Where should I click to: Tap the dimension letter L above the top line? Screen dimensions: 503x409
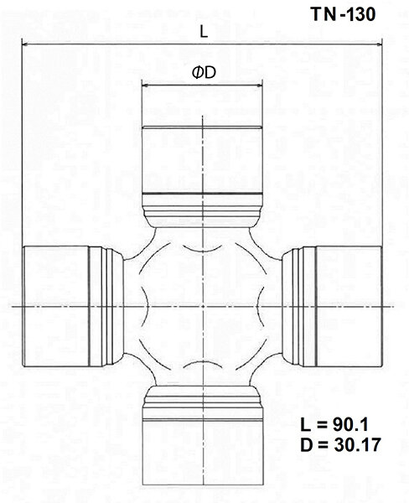click(x=204, y=30)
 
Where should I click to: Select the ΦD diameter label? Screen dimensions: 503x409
click(x=204, y=73)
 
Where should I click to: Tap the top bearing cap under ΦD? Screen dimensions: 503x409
click(x=204, y=159)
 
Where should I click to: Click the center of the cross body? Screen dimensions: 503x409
click(x=204, y=308)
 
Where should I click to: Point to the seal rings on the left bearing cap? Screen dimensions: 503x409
click(x=103, y=308)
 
